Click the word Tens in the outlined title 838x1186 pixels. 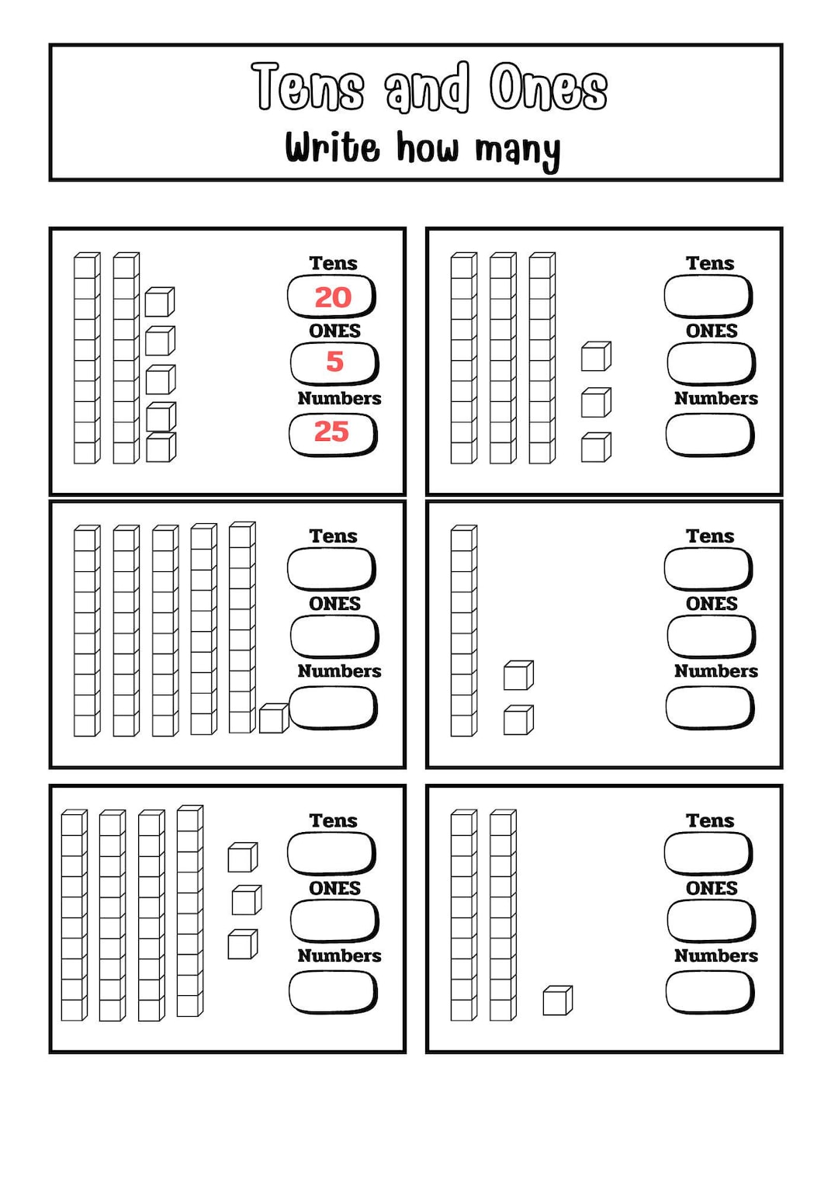(x=308, y=87)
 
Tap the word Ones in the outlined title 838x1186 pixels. (x=549, y=87)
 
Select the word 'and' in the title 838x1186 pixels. (x=428, y=87)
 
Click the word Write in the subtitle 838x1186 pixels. (x=332, y=147)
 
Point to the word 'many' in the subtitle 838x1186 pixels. (x=518, y=150)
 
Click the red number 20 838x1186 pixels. (x=333, y=297)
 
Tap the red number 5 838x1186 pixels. (x=334, y=362)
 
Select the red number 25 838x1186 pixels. (x=332, y=432)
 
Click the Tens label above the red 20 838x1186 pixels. (x=333, y=263)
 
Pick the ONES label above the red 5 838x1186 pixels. (x=334, y=331)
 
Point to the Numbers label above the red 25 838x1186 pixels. (x=339, y=398)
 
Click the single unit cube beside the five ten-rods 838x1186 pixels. (x=273, y=718)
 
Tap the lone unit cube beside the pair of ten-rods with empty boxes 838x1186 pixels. (x=557, y=1000)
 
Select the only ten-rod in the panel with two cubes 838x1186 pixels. (x=463, y=630)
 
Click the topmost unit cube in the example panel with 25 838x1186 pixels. (x=159, y=302)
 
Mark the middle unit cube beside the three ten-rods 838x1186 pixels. (x=596, y=402)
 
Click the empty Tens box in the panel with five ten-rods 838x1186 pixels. (x=331, y=569)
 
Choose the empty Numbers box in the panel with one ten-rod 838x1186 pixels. (x=709, y=708)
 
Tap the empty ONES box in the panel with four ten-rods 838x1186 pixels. (x=334, y=921)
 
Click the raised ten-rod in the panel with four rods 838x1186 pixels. (x=189, y=910)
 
